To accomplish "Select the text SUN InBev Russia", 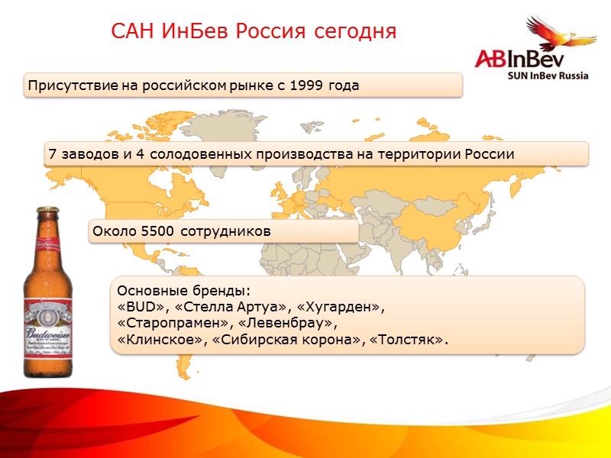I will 548,76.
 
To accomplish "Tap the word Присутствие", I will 73,85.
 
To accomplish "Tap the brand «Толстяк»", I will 409,340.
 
